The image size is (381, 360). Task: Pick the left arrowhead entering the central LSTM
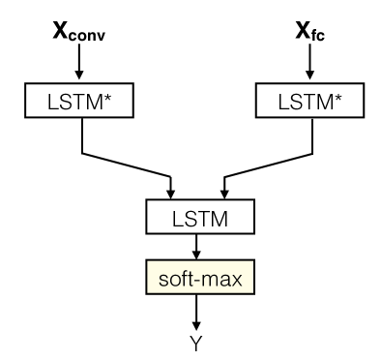coord(172,190)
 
